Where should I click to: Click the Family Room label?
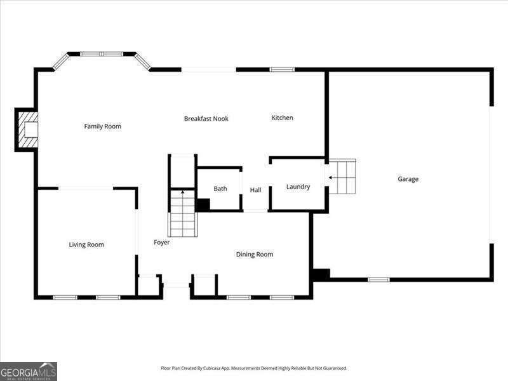click(103, 126)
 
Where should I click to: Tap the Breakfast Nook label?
click(206, 119)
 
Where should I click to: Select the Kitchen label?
click(282, 117)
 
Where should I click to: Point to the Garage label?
click(408, 179)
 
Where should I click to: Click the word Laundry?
click(298, 187)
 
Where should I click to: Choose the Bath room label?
click(220, 189)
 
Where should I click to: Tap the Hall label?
click(256, 190)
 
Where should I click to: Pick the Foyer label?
click(162, 243)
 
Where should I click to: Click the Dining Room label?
click(255, 255)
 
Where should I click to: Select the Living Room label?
click(86, 244)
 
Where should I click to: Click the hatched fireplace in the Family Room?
click(27, 130)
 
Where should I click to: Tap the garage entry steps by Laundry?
click(342, 177)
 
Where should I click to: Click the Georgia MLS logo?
click(29, 371)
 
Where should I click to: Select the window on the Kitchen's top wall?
click(282, 69)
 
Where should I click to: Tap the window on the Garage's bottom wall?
click(378, 279)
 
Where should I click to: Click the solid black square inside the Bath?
click(203, 204)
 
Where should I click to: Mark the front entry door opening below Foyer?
click(176, 285)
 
